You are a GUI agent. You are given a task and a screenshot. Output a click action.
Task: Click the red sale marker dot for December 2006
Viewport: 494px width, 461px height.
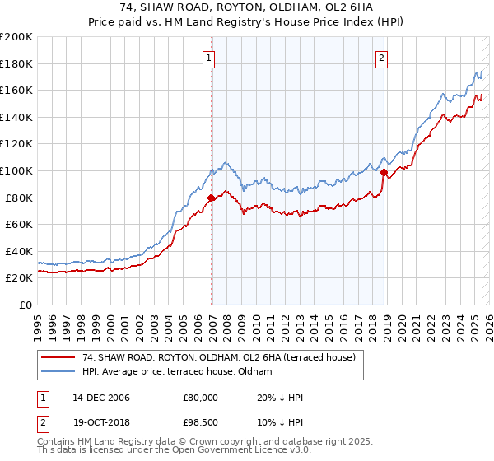(212, 198)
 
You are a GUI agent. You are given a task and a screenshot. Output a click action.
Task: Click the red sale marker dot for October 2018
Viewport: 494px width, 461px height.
(384, 172)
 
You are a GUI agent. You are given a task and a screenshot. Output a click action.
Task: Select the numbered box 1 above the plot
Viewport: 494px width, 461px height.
(210, 58)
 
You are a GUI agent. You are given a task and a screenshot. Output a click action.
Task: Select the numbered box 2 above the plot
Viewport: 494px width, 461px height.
(382, 58)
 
